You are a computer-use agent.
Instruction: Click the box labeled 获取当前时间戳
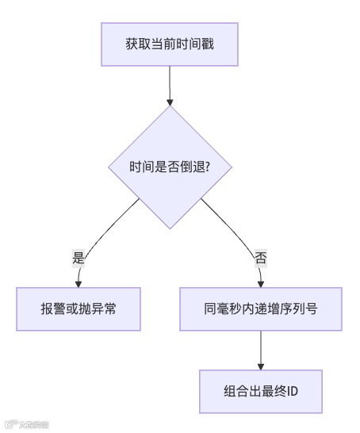click(170, 44)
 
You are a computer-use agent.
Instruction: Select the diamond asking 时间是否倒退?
click(170, 167)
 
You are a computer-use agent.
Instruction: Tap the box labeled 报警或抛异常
click(79, 308)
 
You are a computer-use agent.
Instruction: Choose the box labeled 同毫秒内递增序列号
click(261, 308)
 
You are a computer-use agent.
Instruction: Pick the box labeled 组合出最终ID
click(261, 391)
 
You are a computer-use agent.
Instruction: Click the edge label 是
click(79, 257)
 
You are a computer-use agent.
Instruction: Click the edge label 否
click(261, 257)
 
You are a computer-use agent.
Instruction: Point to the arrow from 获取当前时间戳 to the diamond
click(170, 83)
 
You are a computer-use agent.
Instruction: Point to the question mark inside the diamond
click(206, 167)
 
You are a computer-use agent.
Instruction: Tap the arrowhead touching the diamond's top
click(170, 102)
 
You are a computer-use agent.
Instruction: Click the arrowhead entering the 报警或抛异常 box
click(79, 282)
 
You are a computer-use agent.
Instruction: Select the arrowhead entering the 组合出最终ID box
click(261, 365)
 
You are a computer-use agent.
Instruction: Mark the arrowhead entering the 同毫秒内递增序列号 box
click(261, 282)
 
